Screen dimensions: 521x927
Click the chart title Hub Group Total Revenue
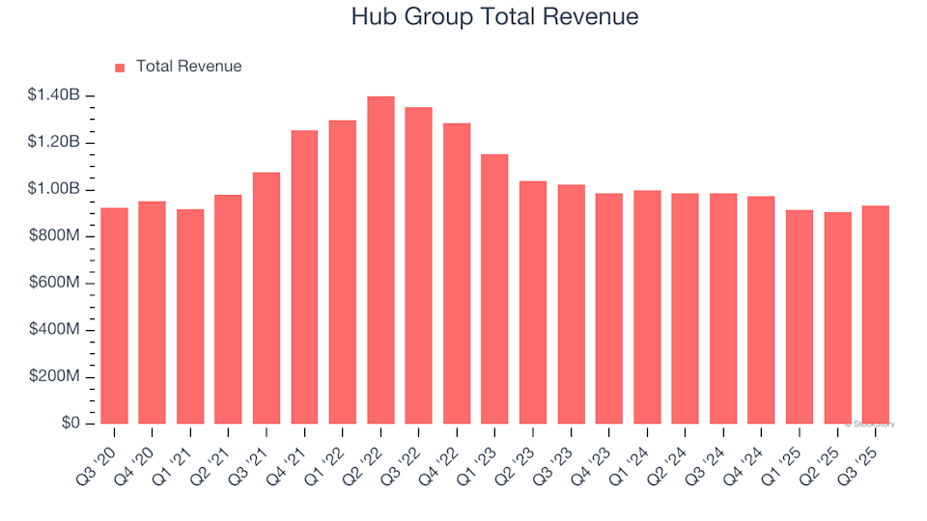(493, 17)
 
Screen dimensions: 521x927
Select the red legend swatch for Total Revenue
(120, 68)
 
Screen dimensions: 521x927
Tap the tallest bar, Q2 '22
(380, 260)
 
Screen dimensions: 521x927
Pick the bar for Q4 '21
(304, 277)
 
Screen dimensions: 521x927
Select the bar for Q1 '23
(494, 289)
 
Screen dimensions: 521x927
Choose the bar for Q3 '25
(876, 315)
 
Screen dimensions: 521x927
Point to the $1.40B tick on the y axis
(53, 96)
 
